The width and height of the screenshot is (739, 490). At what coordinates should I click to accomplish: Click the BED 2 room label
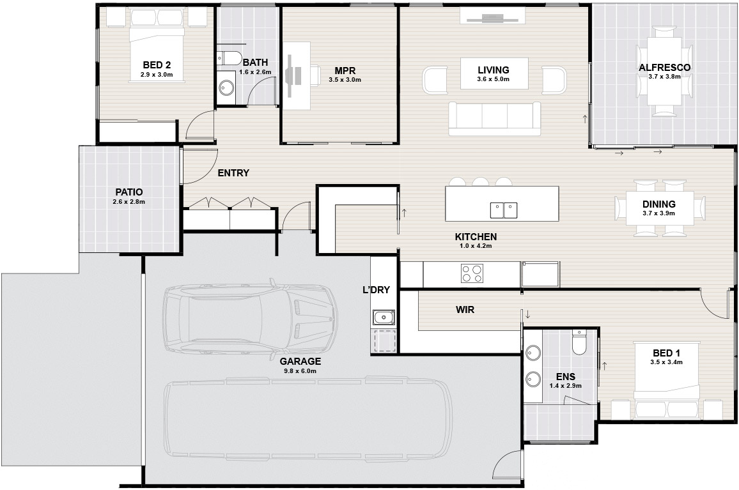[157, 65]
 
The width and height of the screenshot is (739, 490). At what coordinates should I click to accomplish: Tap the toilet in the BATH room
[228, 57]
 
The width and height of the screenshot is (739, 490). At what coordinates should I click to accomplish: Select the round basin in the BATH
[227, 87]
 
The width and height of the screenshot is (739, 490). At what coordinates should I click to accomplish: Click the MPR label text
[345, 71]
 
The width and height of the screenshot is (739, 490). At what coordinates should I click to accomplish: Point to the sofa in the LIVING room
[494, 118]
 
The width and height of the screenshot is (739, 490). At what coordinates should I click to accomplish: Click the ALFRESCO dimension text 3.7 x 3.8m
[664, 76]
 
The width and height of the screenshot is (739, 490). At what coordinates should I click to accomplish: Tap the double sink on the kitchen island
[503, 210]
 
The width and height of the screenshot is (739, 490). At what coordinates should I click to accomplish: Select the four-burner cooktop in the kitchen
[472, 273]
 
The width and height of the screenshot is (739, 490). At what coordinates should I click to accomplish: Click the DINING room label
[659, 204]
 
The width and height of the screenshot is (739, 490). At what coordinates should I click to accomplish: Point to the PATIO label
[128, 192]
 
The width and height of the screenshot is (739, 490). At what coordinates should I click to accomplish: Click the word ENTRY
[233, 173]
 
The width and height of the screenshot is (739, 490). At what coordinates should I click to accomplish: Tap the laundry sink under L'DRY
[384, 318]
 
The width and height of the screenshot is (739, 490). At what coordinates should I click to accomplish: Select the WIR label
[465, 310]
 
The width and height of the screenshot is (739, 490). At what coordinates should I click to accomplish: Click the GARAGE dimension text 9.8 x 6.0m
[300, 371]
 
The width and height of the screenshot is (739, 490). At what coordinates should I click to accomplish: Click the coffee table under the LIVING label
[494, 73]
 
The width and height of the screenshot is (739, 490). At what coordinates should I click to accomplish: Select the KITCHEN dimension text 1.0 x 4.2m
[476, 246]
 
